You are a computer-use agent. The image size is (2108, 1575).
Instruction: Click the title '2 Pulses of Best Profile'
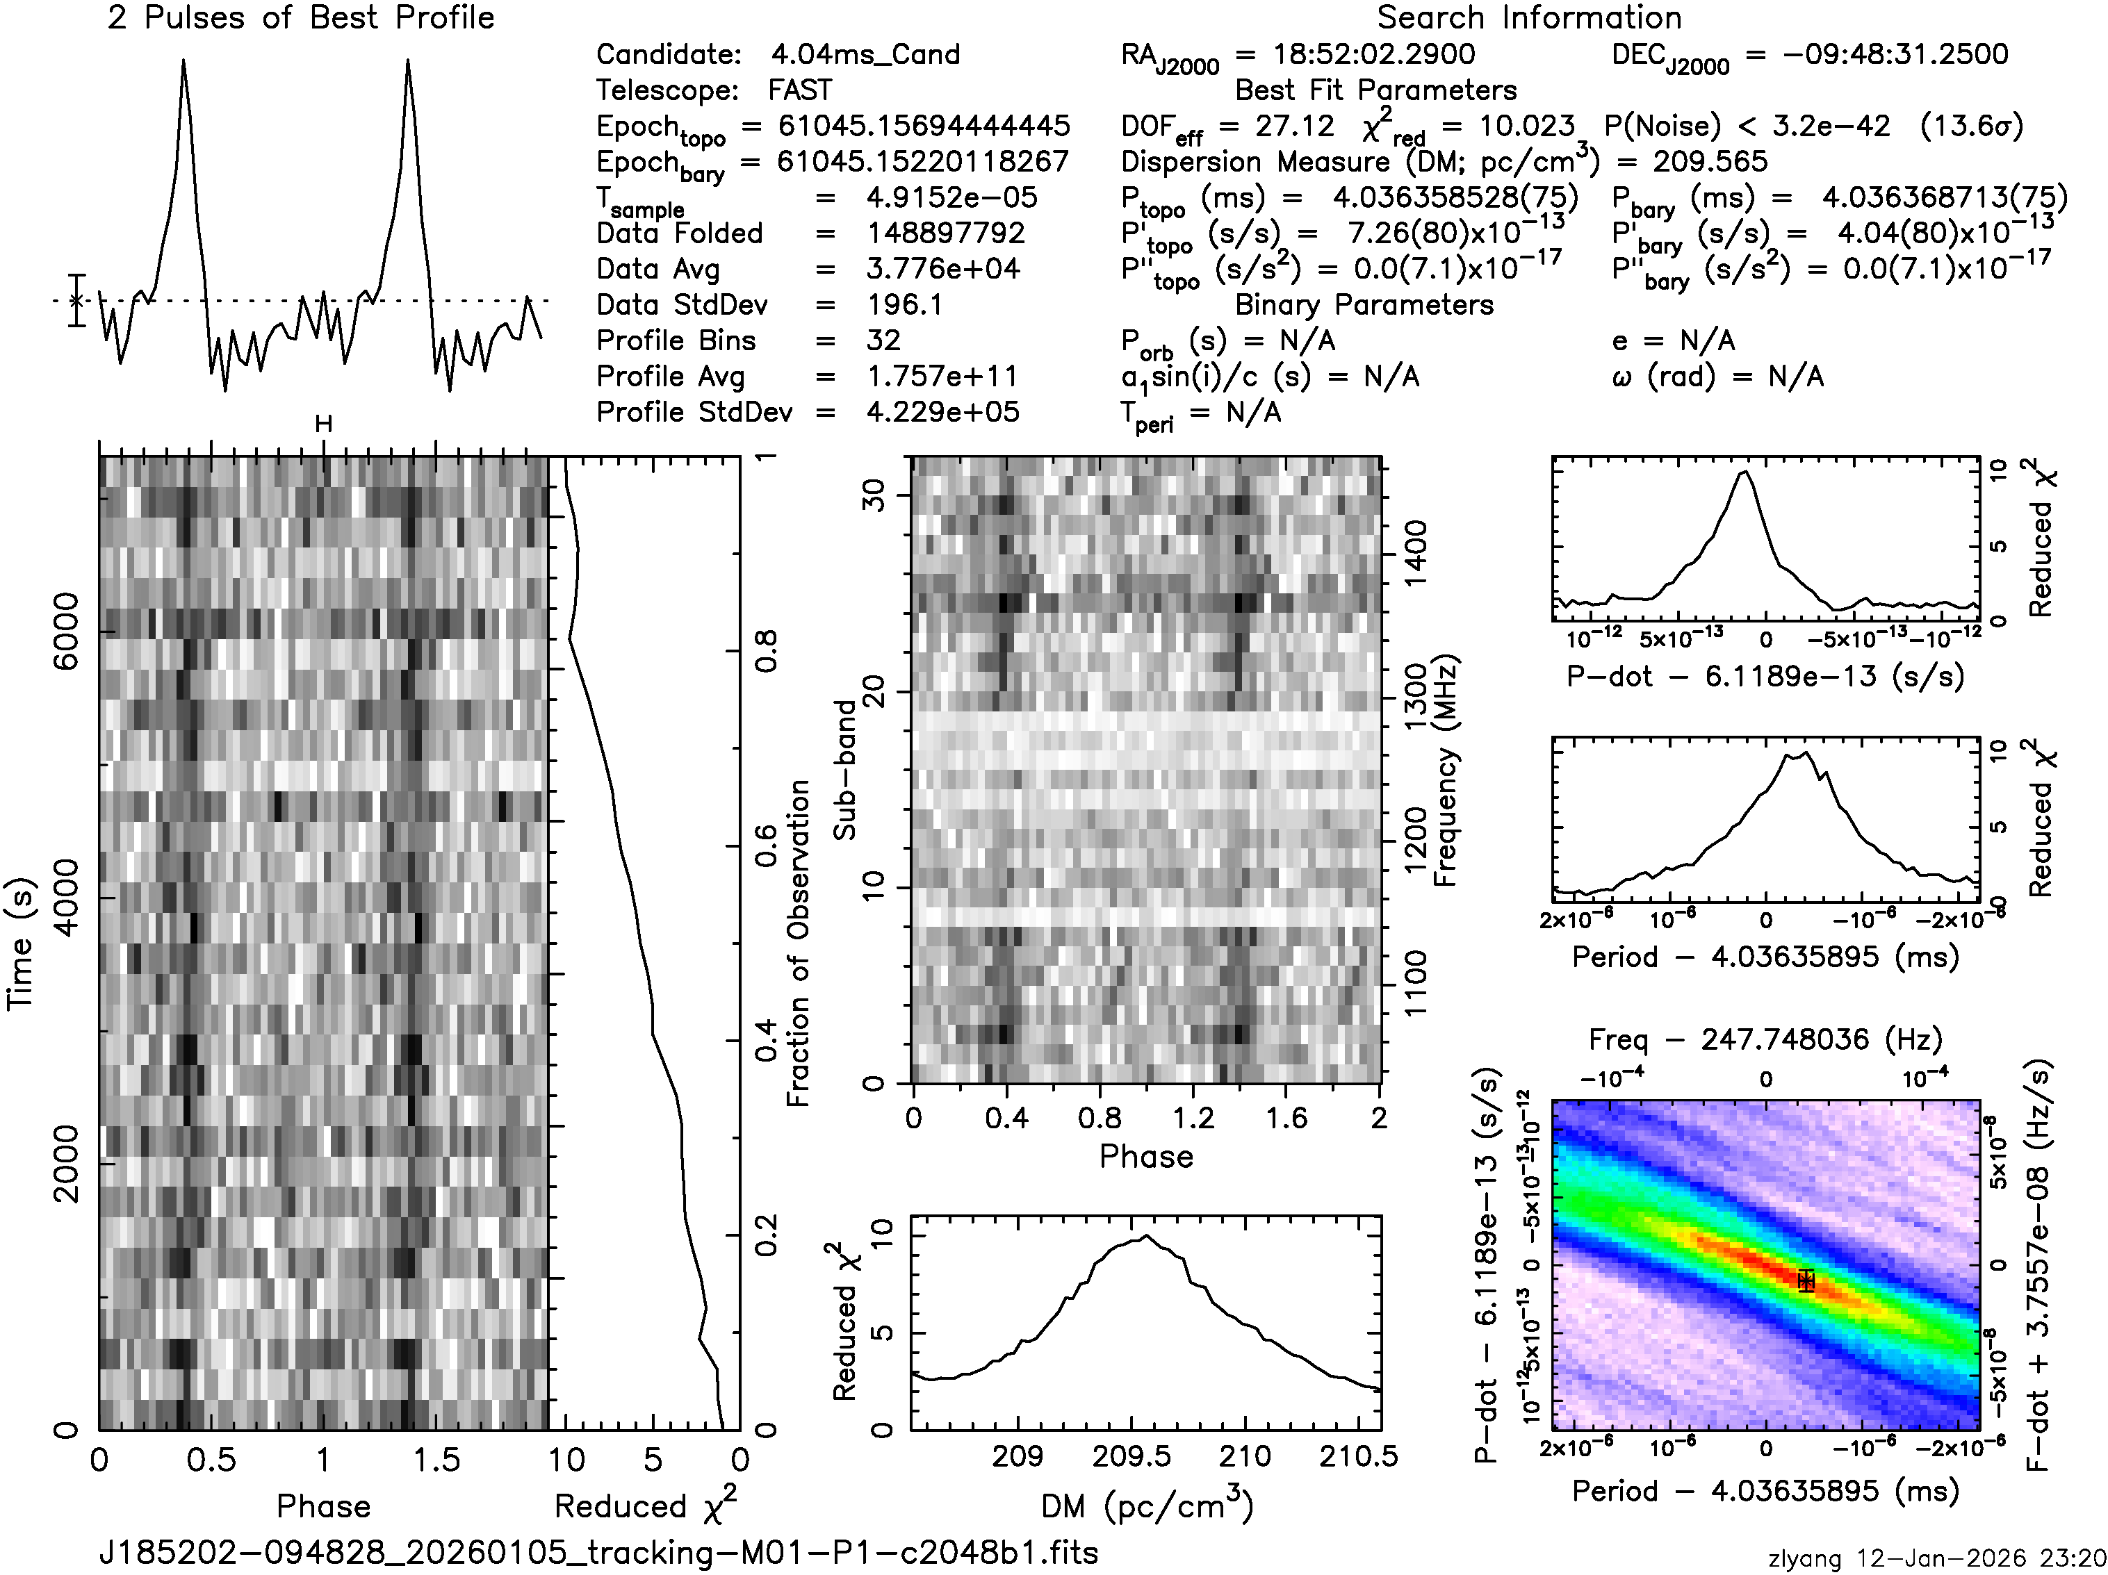301,18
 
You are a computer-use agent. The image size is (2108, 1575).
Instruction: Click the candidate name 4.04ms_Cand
865,54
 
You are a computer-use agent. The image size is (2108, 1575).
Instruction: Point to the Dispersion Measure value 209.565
1710,162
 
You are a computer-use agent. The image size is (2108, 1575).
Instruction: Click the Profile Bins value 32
883,341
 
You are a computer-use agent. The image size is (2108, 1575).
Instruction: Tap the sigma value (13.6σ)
1971,126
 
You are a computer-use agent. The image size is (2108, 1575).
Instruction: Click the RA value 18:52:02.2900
1374,54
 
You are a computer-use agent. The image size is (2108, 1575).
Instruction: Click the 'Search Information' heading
1528,18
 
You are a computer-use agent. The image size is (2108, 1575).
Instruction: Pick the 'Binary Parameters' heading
1364,305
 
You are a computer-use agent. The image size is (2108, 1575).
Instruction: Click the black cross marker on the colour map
1805,1280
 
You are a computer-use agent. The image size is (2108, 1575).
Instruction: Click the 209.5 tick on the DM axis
1131,1457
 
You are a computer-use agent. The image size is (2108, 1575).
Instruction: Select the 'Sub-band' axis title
844,770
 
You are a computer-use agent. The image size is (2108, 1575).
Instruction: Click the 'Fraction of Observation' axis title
798,943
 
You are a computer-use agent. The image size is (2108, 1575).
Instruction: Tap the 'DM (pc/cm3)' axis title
1147,1505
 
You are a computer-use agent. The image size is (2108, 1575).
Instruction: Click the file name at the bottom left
598,1552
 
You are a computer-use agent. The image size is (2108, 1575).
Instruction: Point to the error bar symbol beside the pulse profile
76,300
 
